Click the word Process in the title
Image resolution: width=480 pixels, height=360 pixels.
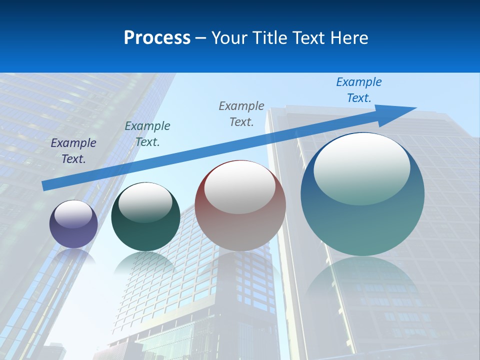157,38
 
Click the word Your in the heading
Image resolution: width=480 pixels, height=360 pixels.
230,38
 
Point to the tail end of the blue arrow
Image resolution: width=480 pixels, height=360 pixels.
45,185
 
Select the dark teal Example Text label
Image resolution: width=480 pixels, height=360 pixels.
147,134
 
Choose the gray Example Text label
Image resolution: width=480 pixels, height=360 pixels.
241,114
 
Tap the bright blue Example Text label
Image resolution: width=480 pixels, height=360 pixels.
358,90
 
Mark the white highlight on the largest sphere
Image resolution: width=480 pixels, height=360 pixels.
361,169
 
